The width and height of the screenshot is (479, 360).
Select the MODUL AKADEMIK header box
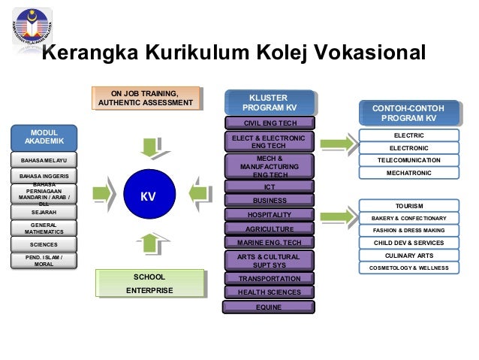coord(44,136)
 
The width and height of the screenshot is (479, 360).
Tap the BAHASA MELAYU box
coord(44,160)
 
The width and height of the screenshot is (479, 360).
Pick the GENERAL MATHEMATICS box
coord(44,228)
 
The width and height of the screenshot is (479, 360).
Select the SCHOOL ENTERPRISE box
coord(149,283)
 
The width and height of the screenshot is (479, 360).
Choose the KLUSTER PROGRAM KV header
coord(268,103)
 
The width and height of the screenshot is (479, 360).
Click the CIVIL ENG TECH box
coord(268,123)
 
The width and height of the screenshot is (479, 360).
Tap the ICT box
coord(270,186)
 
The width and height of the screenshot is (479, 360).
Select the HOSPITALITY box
coord(270,215)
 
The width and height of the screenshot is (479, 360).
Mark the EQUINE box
coord(270,307)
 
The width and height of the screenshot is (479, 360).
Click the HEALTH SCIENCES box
coord(270,292)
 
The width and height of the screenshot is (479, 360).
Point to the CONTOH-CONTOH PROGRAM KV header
coord(408,113)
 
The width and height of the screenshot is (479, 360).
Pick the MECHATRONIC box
coord(408,173)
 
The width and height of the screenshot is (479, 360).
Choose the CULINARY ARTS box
coord(408,256)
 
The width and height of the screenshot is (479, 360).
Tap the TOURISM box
coord(408,206)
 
